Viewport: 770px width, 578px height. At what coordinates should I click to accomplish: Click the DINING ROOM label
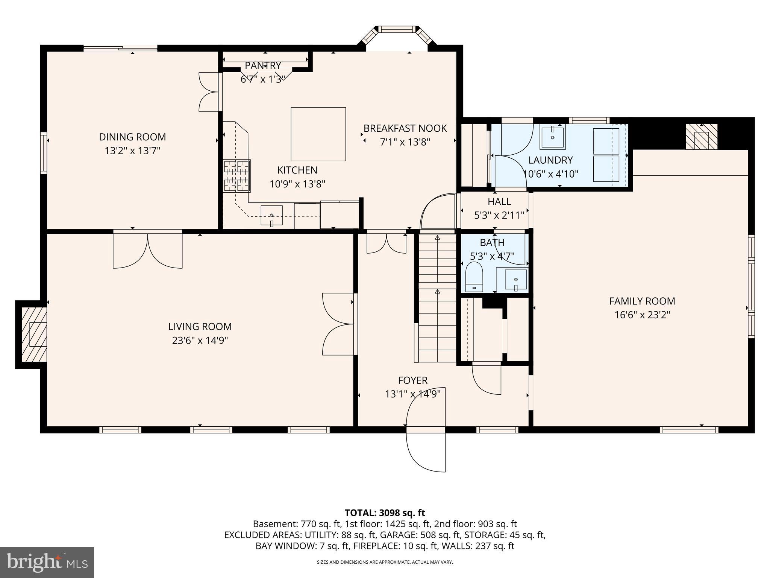132,137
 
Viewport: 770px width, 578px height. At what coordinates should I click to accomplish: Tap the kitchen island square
318,134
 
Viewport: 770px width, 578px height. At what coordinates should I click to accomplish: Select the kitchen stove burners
237,176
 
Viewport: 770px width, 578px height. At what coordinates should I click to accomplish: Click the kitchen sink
271,215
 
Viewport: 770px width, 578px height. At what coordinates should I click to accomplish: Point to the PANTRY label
263,66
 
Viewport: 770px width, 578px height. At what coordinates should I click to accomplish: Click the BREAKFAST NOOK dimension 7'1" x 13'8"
405,142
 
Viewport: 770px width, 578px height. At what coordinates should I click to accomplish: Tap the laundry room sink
553,138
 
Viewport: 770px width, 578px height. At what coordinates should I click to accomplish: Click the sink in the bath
515,280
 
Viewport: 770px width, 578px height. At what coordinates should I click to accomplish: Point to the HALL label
499,202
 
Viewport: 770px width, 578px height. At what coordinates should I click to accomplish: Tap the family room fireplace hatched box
701,136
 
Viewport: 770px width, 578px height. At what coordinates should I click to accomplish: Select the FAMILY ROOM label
642,301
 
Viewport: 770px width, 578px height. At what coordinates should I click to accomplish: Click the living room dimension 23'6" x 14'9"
200,341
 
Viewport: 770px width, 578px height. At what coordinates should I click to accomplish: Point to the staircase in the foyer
437,297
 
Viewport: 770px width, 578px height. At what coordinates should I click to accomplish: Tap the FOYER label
412,380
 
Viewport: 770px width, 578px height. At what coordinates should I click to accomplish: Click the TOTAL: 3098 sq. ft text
385,513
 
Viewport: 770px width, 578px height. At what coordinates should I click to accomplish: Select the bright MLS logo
47,562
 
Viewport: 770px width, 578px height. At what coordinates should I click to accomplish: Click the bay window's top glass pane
397,29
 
